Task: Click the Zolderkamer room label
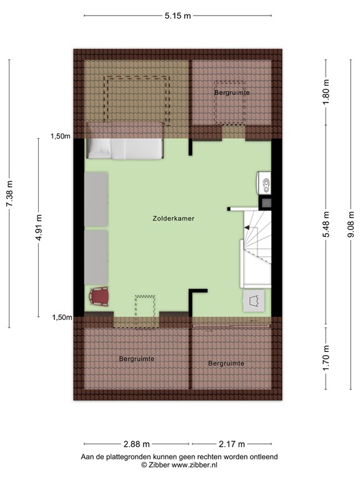(x=173, y=219)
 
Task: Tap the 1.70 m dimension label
(x=326, y=358)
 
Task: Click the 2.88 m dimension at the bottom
(x=136, y=444)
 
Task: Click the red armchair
(x=99, y=296)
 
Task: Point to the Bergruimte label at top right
(x=232, y=92)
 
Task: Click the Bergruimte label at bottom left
(x=136, y=359)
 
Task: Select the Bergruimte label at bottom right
(x=226, y=363)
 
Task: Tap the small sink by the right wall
(x=265, y=184)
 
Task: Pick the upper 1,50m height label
(x=61, y=137)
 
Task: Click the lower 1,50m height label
(x=61, y=317)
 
